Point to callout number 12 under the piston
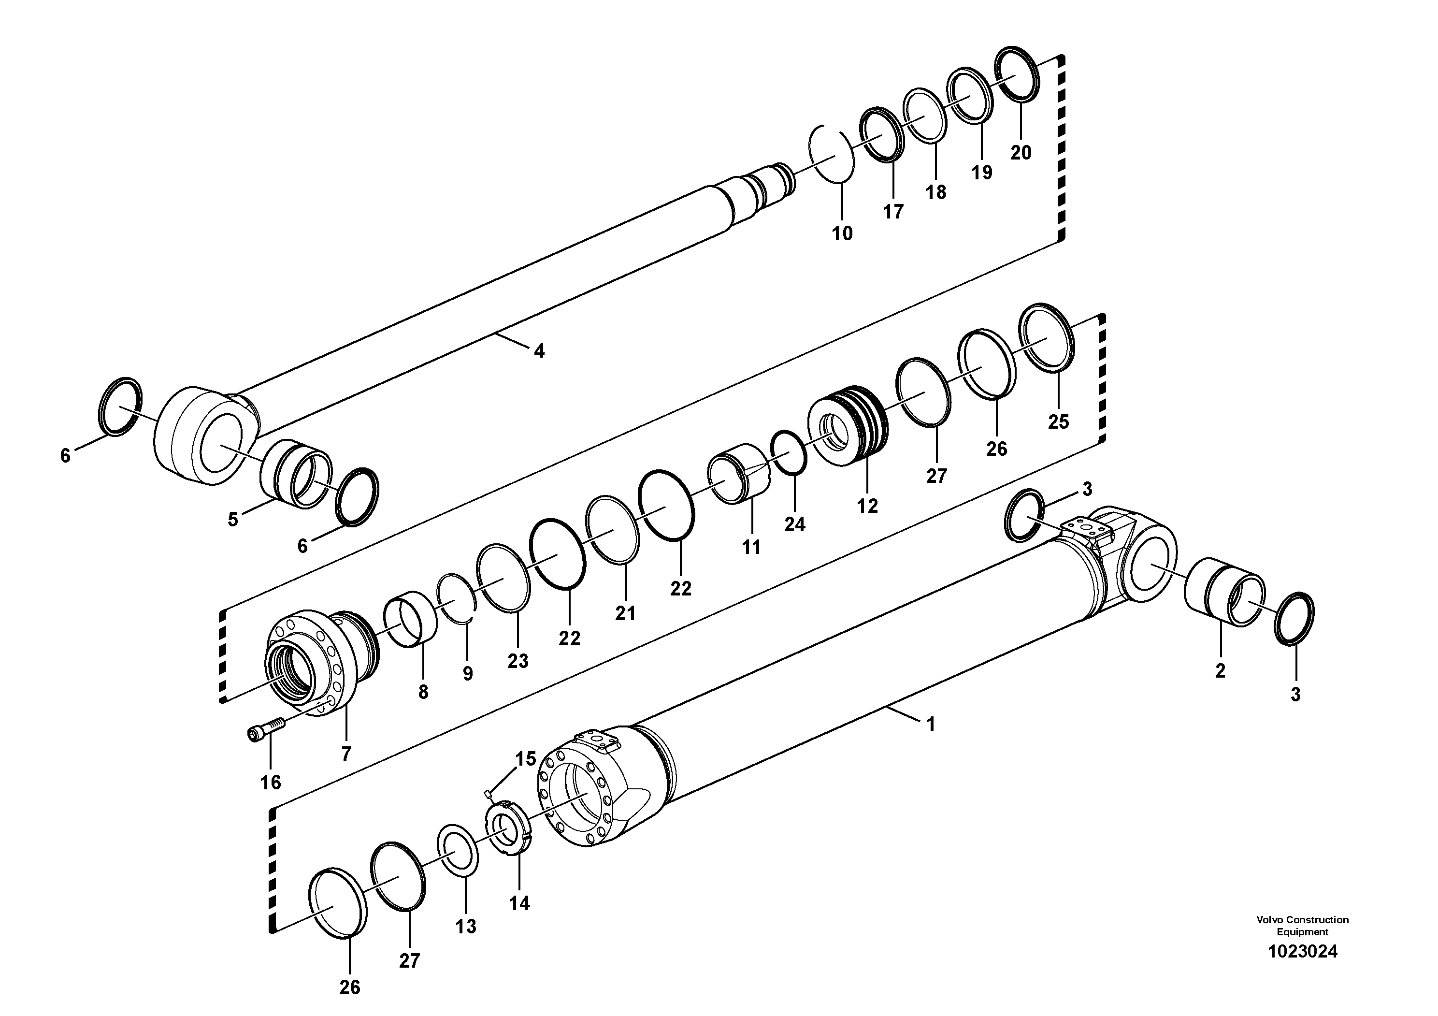pos(867,506)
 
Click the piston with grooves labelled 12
pos(848,426)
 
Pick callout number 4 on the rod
pos(539,351)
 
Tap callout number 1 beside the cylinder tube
pos(931,724)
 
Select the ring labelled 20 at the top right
pos(1017,73)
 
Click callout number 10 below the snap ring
pos(842,233)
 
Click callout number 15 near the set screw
pos(525,759)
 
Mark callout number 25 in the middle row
pos(1059,421)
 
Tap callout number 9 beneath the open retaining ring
pos(468,674)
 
